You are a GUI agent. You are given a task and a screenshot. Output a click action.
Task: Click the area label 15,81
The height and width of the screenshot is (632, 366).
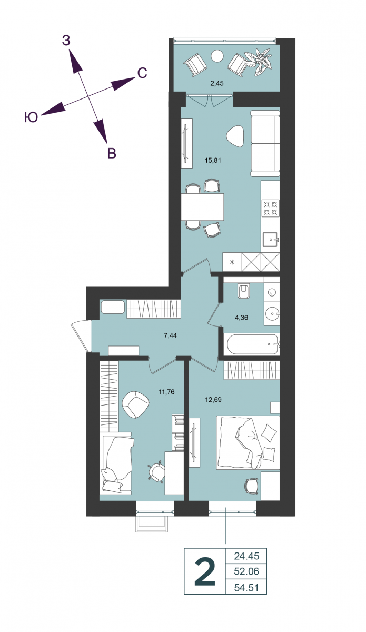[x=213, y=161]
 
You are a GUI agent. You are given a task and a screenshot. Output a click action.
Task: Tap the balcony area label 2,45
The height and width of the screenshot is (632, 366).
[x=217, y=83]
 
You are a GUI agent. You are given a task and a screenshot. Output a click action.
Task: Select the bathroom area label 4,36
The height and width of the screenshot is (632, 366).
[x=241, y=318]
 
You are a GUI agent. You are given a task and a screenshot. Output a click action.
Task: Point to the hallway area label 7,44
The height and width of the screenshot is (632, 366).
[x=170, y=335]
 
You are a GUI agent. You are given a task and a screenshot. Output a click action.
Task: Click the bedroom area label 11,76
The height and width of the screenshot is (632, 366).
[x=166, y=392]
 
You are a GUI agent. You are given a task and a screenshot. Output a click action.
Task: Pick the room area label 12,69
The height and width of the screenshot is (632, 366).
[x=213, y=400]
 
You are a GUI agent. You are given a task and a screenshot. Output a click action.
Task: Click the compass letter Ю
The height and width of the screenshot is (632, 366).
[x=31, y=117]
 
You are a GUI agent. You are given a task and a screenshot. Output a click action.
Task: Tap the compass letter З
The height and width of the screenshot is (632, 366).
[x=66, y=41]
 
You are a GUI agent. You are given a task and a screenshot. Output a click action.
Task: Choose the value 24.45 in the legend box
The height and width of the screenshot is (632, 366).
[x=246, y=556]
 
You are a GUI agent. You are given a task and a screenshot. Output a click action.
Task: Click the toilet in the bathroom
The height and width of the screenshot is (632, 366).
[x=244, y=290]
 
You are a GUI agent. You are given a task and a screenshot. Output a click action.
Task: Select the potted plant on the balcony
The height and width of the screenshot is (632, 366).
[x=259, y=62]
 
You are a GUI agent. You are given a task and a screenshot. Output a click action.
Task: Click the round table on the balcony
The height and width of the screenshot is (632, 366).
[x=217, y=56]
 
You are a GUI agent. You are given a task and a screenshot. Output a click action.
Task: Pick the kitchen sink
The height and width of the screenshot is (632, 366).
[x=271, y=240]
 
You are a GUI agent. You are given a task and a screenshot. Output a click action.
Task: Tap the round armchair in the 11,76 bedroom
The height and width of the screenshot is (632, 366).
[x=135, y=404]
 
